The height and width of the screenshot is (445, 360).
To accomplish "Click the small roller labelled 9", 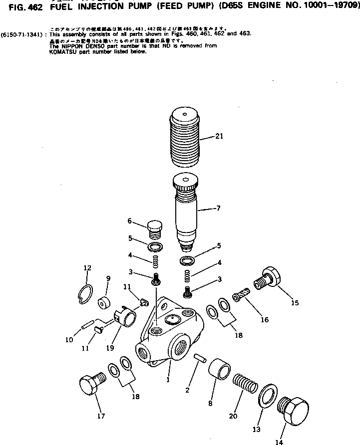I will click(x=104, y=303).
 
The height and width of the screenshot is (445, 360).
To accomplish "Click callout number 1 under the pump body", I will click(x=168, y=380).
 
